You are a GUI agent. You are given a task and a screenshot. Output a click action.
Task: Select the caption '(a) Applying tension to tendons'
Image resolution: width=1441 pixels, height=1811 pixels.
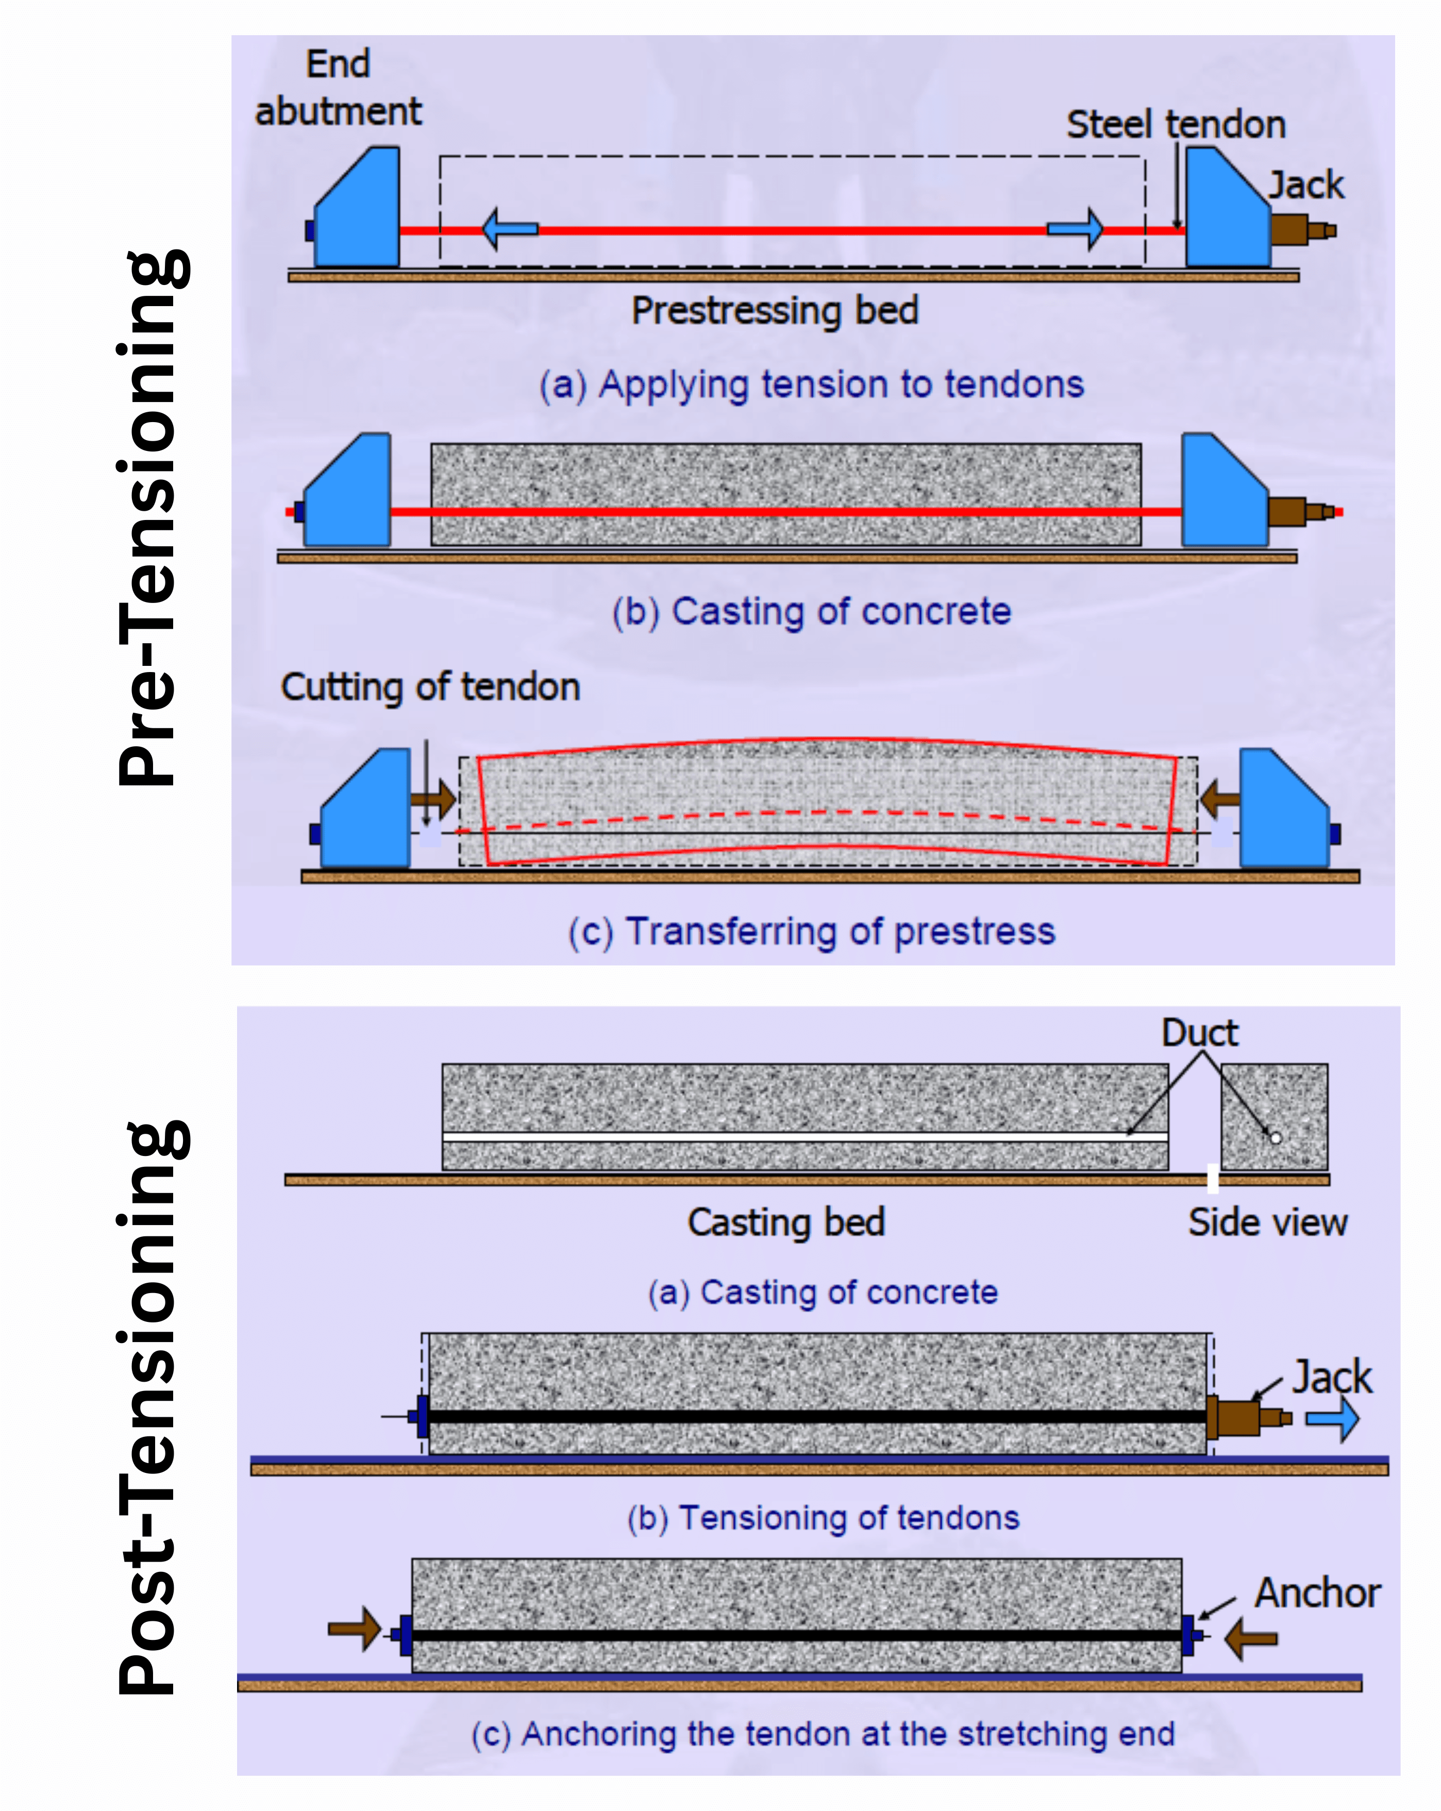(x=812, y=384)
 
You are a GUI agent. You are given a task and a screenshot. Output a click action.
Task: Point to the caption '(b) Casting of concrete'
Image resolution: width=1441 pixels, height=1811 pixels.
(x=812, y=612)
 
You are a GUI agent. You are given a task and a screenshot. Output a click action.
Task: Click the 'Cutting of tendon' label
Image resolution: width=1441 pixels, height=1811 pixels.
(x=430, y=687)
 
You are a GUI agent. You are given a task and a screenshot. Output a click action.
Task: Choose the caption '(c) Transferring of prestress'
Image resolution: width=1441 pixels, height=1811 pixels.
(x=812, y=932)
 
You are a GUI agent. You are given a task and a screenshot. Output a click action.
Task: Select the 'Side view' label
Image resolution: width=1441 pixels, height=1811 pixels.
(x=1267, y=1222)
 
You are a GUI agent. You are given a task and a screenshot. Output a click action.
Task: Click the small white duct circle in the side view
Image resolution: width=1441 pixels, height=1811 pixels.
(x=1276, y=1138)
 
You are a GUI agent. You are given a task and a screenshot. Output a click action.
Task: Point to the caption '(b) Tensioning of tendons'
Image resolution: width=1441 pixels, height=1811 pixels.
(x=824, y=1518)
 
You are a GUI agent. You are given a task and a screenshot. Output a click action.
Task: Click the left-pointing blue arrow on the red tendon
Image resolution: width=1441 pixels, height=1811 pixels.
(x=510, y=228)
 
